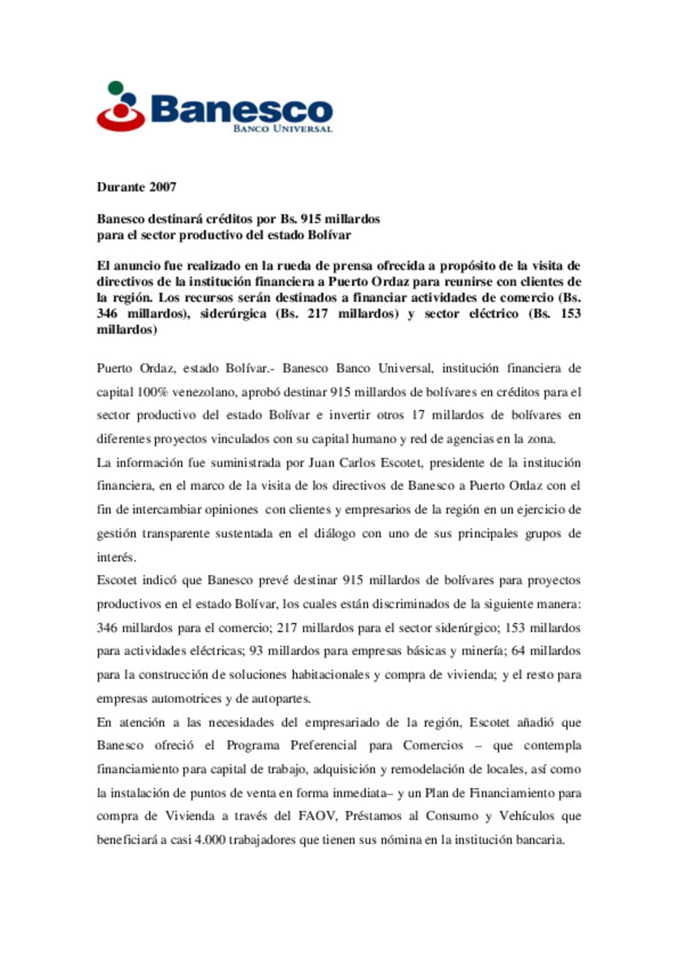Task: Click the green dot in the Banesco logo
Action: click(x=115, y=88)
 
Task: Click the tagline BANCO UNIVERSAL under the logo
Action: click(x=282, y=129)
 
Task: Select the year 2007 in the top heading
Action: click(x=163, y=187)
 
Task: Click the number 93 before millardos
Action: click(x=256, y=651)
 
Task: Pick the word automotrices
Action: click(x=186, y=699)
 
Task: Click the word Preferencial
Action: click(x=323, y=746)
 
